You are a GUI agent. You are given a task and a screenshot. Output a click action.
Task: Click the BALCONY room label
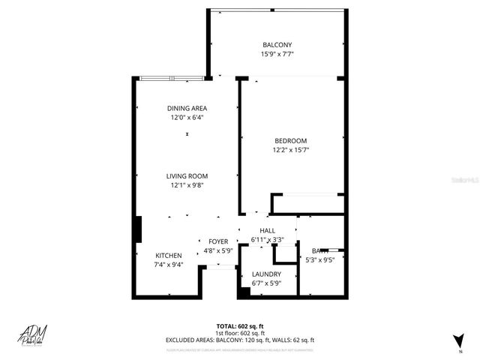pos(277,44)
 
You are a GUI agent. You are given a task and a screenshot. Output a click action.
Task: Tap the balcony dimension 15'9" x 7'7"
pos(277,54)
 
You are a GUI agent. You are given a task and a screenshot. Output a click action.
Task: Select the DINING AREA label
pos(187,108)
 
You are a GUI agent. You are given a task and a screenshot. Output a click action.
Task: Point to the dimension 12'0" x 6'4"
pos(187,117)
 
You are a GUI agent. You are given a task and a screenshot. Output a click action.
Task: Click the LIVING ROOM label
pos(187,176)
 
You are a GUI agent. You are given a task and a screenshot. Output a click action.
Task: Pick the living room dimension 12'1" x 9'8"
pos(187,185)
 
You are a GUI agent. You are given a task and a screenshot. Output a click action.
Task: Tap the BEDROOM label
pos(290,140)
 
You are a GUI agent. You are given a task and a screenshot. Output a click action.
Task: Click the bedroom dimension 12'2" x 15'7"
pos(290,150)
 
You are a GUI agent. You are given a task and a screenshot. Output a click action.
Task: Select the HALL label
pos(268,230)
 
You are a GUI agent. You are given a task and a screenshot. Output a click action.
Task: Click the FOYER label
pos(218,241)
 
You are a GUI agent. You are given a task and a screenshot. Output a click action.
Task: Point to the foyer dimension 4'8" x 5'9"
pos(218,250)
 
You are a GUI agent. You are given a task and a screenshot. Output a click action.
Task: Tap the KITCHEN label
pos(168,256)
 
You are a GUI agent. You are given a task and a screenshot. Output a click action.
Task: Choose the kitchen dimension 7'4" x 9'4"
pos(168,265)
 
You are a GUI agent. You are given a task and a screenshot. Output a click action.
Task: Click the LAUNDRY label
pos(266,274)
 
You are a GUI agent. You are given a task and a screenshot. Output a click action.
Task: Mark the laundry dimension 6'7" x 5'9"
pos(266,283)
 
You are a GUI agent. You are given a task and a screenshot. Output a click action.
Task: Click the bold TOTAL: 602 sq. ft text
pos(240,325)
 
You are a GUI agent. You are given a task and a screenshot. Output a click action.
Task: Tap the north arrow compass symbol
pos(453,340)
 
